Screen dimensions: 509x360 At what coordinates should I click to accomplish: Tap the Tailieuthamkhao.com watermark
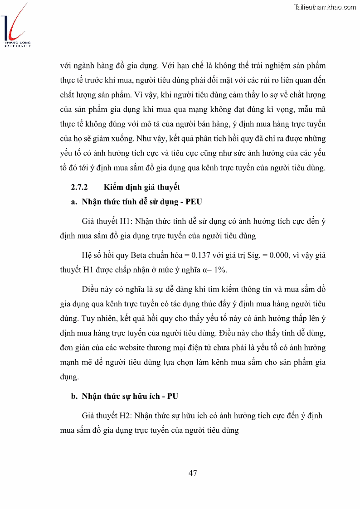(325, 7)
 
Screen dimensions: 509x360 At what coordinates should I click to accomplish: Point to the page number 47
(193, 473)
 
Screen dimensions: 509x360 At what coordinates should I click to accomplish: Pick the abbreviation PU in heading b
(172, 396)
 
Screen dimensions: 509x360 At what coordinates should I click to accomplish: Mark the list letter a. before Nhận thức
(74, 202)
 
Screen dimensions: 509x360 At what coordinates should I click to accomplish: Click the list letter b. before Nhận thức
(74, 396)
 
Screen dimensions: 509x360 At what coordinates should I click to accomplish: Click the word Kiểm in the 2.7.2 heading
(113, 187)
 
